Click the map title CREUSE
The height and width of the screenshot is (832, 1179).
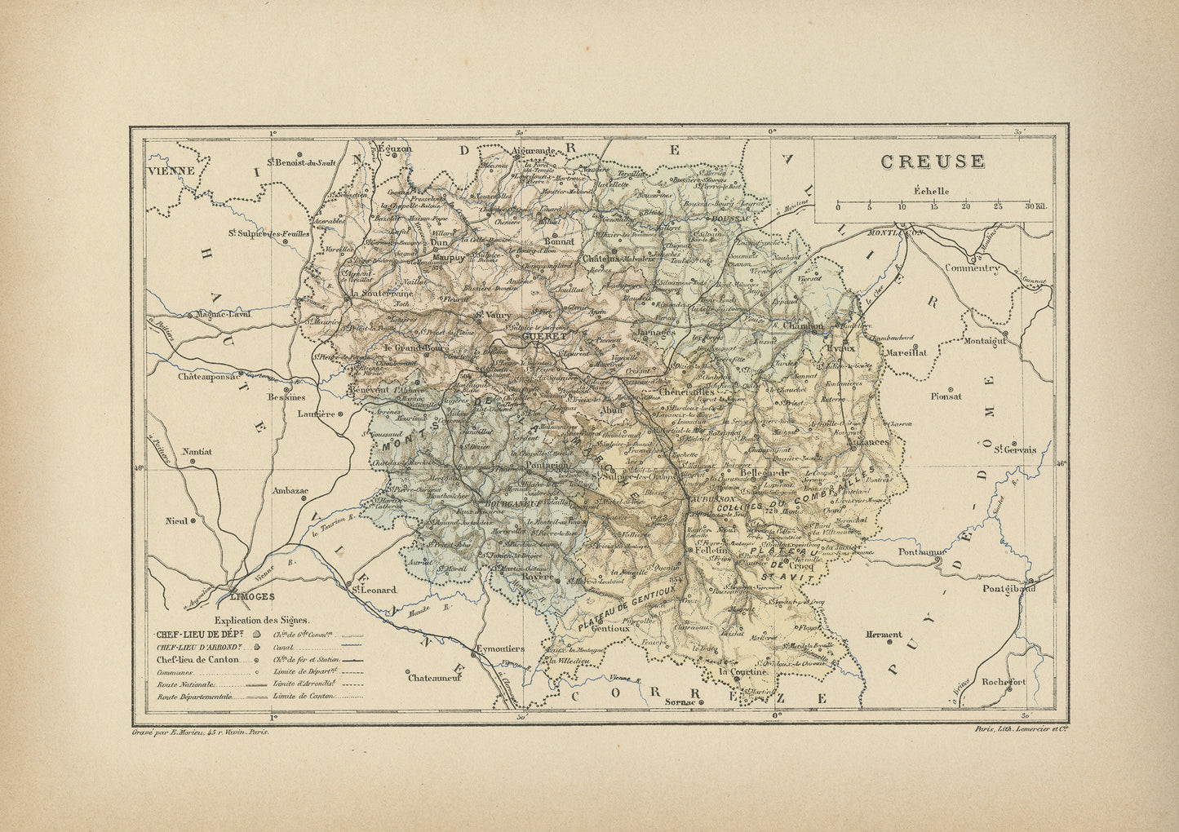(933, 162)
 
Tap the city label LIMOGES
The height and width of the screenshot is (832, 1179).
(254, 596)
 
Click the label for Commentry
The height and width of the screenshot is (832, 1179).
(971, 268)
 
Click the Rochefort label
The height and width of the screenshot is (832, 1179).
(1004, 681)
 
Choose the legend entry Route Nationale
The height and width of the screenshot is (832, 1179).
(185, 685)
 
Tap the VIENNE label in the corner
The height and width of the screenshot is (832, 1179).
(172, 171)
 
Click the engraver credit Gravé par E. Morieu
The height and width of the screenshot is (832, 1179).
(200, 732)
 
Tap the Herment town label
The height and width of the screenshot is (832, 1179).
(884, 634)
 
